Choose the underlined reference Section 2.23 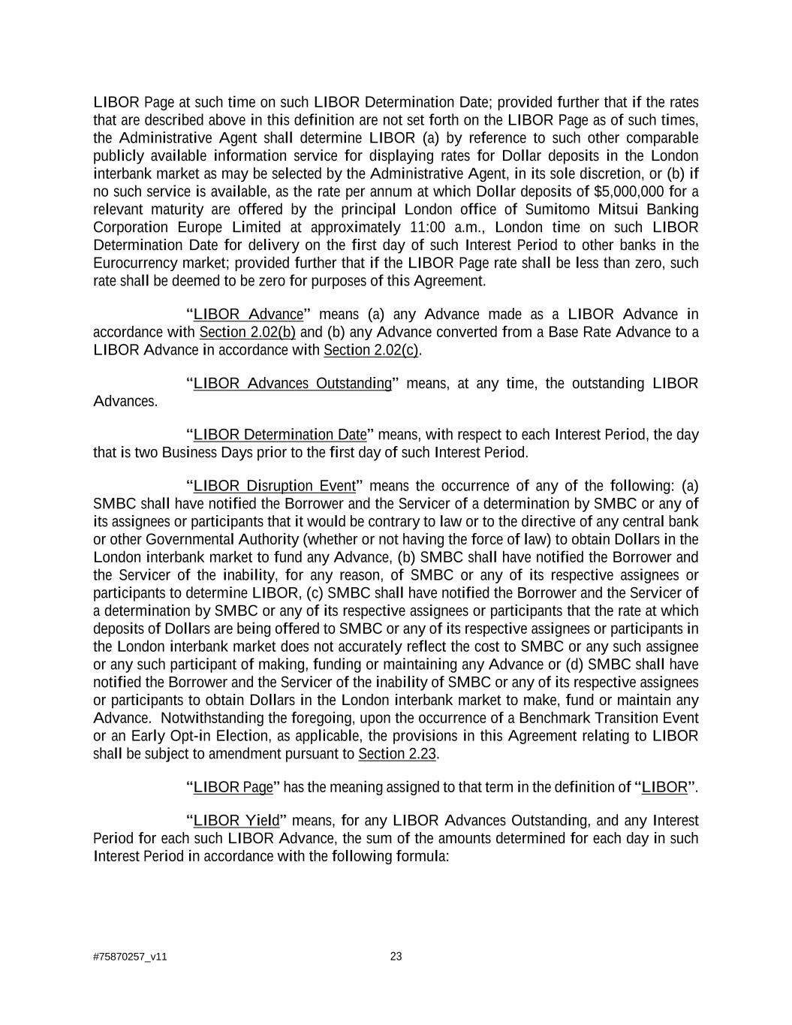(x=397, y=755)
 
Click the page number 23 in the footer (x=396, y=957)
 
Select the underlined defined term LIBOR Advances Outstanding (x=293, y=384)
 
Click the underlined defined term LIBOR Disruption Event (x=278, y=486)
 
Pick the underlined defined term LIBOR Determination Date (x=280, y=435)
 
